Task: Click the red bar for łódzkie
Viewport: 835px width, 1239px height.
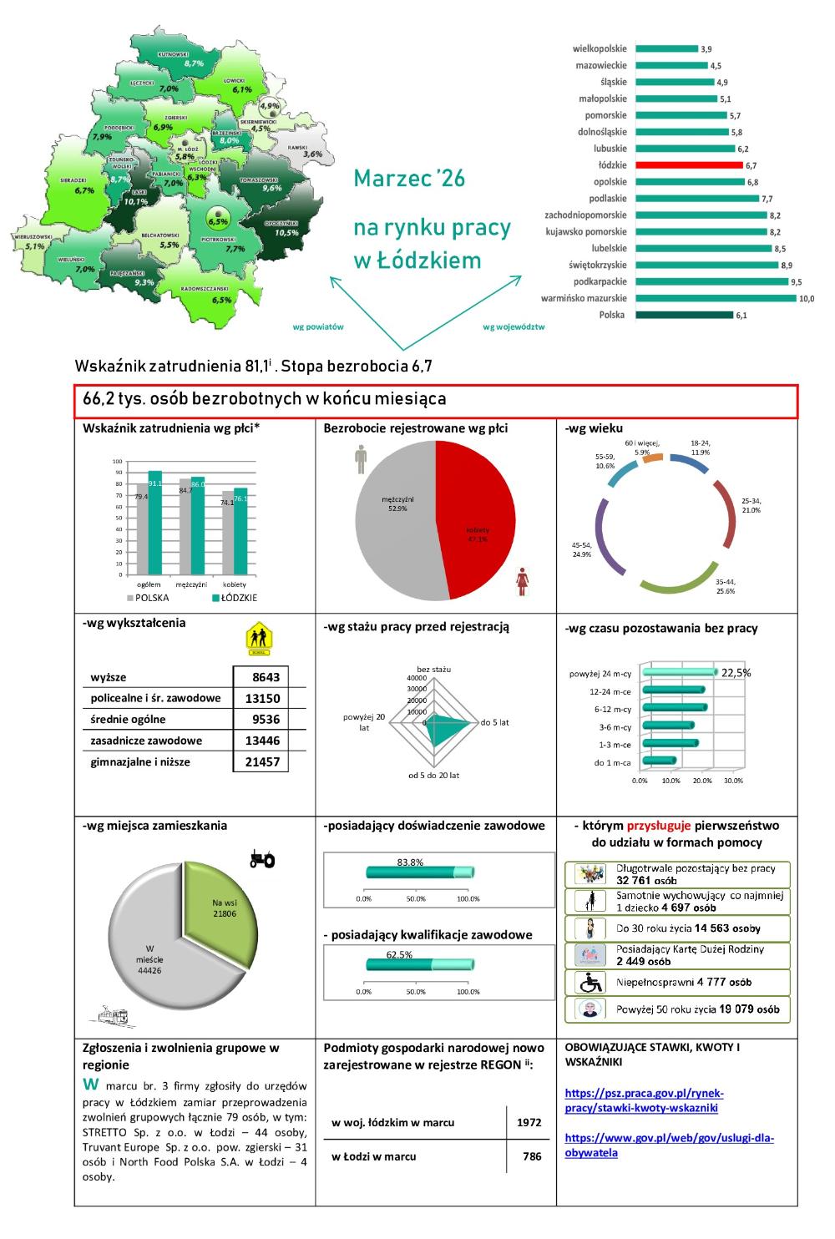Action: (689, 165)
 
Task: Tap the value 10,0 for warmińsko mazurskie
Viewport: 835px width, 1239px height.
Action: (807, 298)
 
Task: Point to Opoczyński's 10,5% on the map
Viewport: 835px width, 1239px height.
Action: (286, 233)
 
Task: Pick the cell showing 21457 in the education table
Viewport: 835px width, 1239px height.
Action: (261, 761)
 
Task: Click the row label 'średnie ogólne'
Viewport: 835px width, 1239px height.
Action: (129, 720)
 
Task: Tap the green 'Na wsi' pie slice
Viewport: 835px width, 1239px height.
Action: (222, 907)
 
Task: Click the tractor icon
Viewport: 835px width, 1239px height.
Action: (263, 858)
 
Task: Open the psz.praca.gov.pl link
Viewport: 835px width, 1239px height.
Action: (644, 1100)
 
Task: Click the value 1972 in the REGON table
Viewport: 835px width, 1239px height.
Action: (529, 1122)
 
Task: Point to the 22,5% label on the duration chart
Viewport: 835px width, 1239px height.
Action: (736, 672)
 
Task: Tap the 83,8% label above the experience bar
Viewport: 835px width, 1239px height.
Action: (410, 862)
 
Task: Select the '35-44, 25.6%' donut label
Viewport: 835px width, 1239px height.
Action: (725, 585)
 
